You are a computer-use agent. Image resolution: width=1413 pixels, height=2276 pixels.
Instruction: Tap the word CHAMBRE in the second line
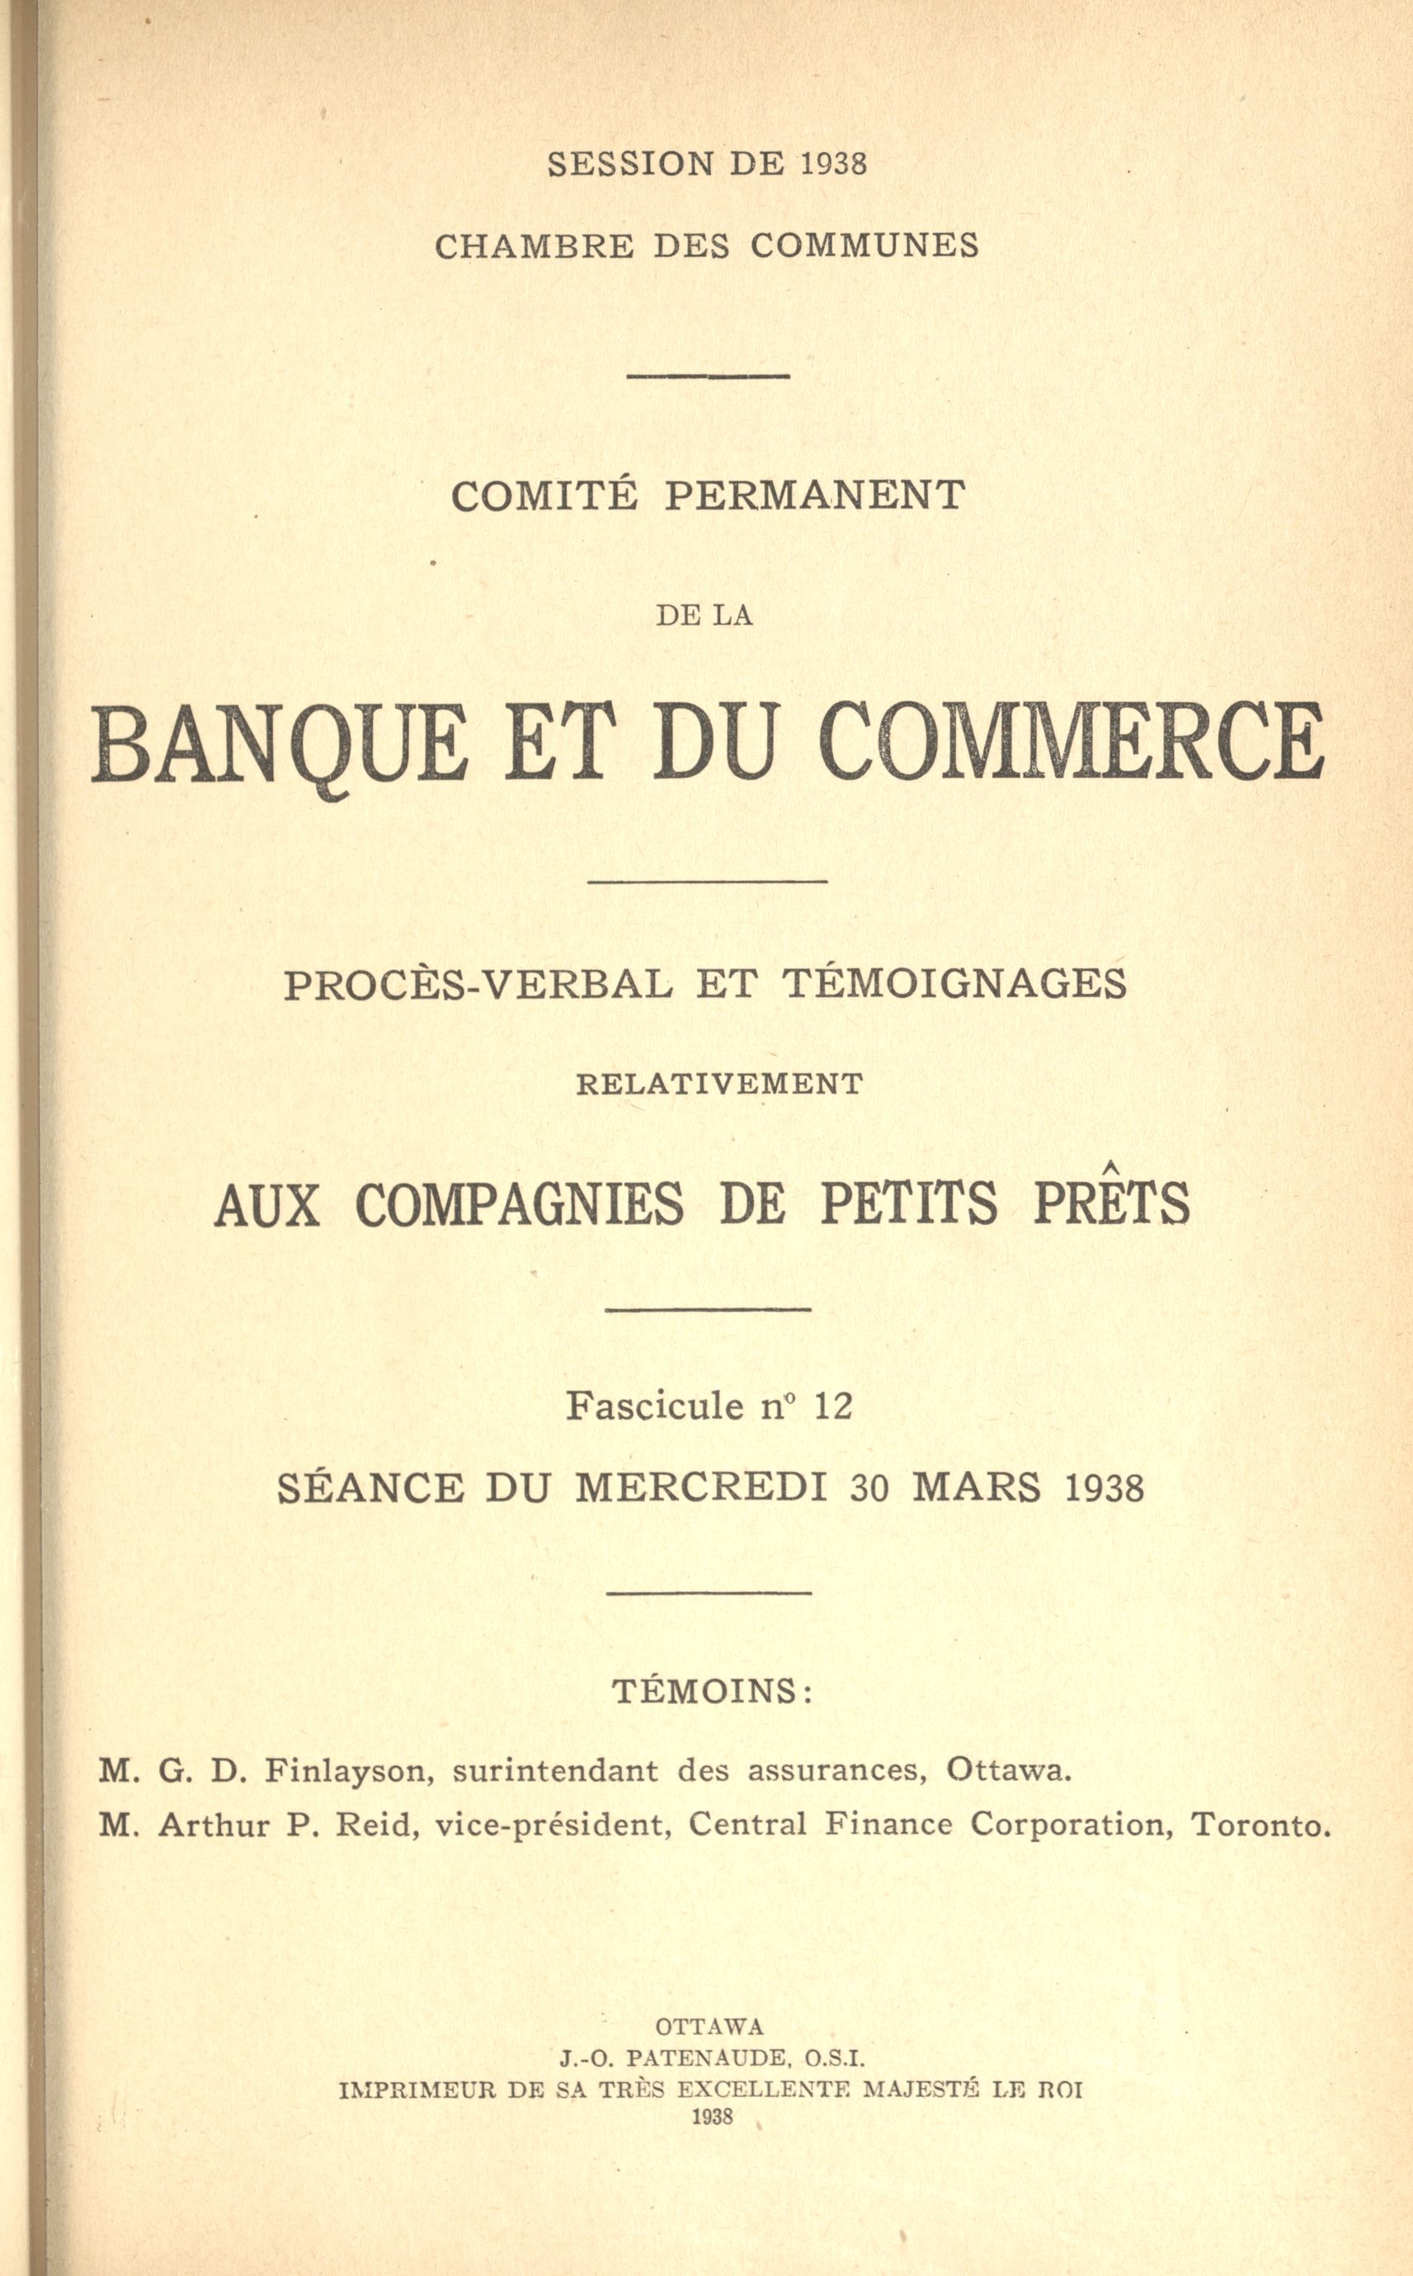534,246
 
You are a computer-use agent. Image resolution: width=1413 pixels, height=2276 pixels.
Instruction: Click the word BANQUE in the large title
277,745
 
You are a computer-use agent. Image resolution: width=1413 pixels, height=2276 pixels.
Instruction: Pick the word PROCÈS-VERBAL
478,984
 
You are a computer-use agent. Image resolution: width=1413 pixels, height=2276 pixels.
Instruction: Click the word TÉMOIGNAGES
954,984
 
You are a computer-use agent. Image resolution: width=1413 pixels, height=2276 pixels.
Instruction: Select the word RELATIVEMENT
718,1084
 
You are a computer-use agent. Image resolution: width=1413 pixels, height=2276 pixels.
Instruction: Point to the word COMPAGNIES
520,1205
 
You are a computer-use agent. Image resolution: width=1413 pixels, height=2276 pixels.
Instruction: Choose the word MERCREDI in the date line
701,1487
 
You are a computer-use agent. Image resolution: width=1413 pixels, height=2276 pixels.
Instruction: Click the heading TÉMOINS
712,1691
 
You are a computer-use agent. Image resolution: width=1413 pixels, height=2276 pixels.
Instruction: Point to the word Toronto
1260,1825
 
